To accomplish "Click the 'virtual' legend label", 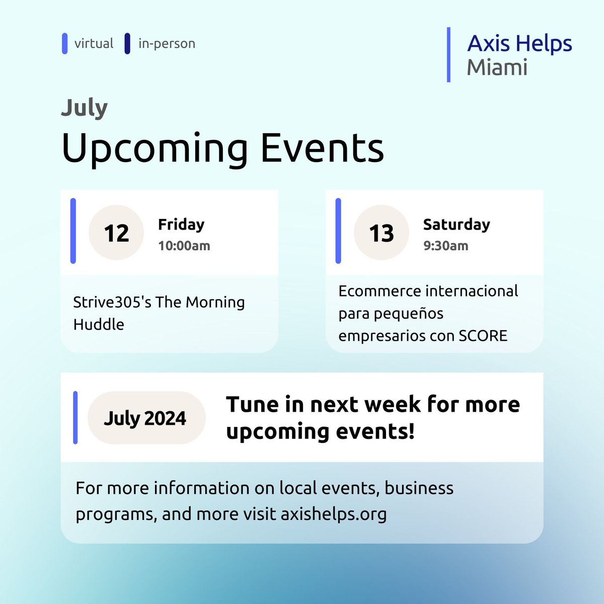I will pos(94,44).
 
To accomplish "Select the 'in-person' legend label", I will pos(167,44).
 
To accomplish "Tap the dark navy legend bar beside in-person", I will pos(127,44).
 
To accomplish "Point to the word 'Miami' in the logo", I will pos(497,67).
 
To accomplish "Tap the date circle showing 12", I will pos(116,233).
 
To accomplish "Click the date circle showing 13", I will pos(382,233).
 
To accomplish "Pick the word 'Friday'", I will pos(181,224).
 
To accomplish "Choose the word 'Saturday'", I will pos(457,224).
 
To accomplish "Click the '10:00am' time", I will pos(184,246).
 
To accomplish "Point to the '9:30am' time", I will pos(445,246).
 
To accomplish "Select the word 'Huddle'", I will pos(99,325).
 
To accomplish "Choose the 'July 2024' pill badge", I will pos(146,418).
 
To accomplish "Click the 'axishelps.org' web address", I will pos(334,514).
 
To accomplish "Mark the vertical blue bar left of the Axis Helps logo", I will pos(448,54).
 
